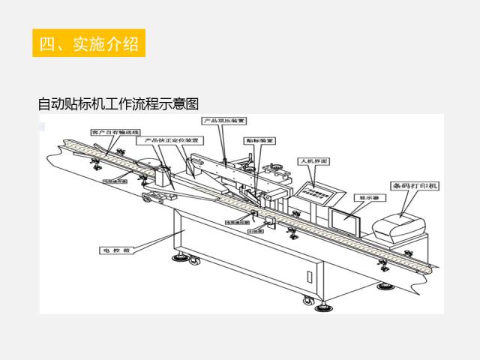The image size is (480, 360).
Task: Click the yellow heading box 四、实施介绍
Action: (88, 43)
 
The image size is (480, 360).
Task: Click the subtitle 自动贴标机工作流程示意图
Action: (118, 103)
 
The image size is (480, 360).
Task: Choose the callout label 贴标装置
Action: (259, 140)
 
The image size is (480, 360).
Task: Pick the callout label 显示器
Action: (365, 197)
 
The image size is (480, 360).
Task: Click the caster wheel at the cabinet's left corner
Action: (181, 259)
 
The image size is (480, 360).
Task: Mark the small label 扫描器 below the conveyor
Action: (255, 230)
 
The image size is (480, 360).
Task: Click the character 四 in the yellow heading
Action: (47, 43)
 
